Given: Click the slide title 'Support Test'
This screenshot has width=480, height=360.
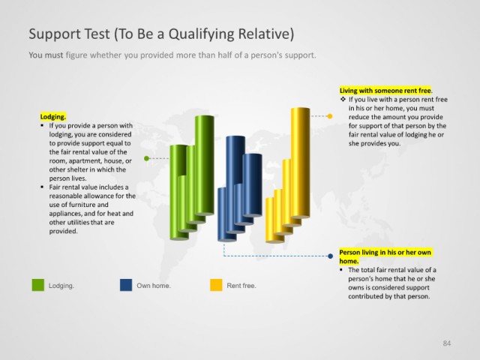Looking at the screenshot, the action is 70,34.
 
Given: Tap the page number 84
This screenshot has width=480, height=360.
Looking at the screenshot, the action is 447,343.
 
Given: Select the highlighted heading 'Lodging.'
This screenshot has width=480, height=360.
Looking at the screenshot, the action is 53,117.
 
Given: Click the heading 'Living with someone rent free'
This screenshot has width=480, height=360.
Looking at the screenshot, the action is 385,91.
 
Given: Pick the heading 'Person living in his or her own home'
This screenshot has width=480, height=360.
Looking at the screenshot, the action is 385,256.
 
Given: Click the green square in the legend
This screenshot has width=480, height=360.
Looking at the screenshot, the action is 38,285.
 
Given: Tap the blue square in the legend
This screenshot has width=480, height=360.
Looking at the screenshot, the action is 126,285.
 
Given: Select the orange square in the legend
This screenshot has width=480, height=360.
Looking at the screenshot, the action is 216,285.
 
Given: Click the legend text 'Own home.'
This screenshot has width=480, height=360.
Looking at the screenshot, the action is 154,286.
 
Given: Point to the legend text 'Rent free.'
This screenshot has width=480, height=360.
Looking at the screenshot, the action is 241,286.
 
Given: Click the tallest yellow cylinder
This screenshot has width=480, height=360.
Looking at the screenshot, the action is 300,163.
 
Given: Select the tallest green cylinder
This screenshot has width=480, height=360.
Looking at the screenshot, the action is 205,165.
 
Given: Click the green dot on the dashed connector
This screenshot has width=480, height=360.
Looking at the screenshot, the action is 146,158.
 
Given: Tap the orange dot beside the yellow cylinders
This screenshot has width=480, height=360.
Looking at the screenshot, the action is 330,116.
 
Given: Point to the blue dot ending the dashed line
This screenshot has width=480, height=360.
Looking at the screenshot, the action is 330,256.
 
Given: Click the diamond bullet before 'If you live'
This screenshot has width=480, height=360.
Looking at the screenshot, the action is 343,99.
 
